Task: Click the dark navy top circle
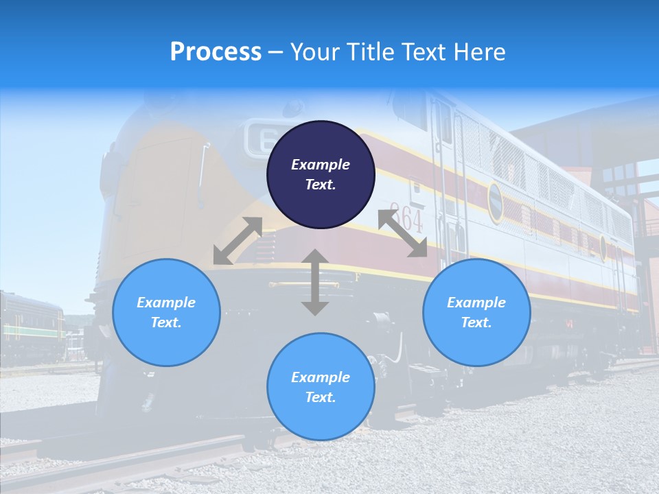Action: tap(321, 175)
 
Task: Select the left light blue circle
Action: tap(166, 312)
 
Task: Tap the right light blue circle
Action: tap(476, 312)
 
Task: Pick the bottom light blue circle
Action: tap(321, 387)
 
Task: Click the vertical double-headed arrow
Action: tap(315, 282)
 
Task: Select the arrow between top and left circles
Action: tap(238, 241)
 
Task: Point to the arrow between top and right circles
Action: tap(403, 233)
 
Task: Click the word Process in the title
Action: tap(216, 52)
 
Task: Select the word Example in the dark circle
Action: tap(321, 165)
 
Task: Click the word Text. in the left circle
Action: tap(166, 322)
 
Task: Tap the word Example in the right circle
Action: tap(476, 303)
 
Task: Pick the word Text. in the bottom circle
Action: tap(321, 397)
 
